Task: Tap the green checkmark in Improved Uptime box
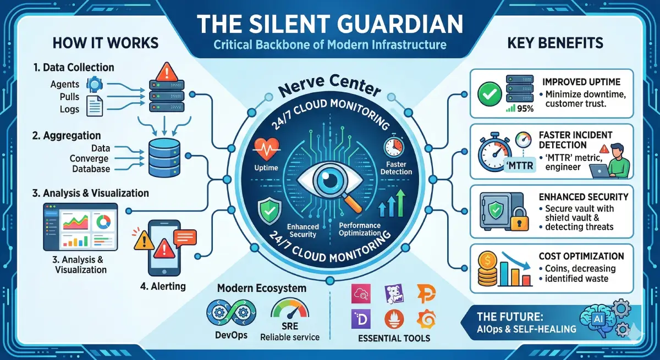[488, 94]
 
